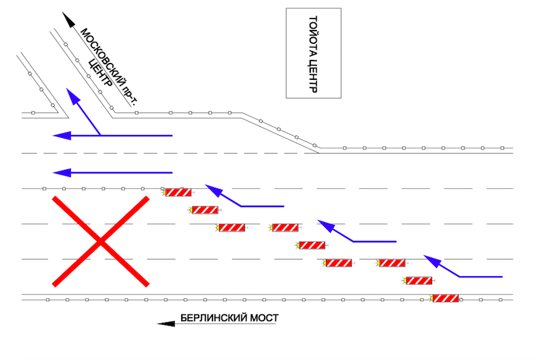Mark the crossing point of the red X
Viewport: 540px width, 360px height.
point(100,241)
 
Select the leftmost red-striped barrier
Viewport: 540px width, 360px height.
point(178,193)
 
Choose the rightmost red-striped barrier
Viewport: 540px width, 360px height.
point(446,298)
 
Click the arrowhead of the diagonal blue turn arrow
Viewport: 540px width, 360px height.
point(71,95)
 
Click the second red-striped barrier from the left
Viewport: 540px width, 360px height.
point(205,210)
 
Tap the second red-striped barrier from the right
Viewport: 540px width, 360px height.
point(419,280)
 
